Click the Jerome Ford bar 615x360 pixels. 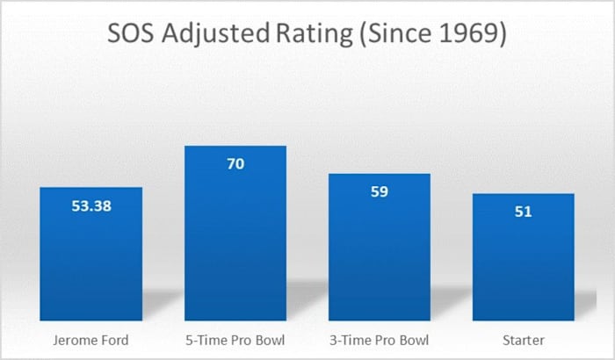90,255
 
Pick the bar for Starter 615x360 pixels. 523,259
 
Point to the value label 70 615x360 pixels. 235,164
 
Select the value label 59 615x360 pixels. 380,192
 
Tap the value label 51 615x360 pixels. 523,212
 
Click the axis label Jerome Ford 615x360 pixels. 90,340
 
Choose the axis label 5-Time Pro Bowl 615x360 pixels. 235,340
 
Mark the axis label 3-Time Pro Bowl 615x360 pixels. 380,340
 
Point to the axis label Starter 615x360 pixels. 523,340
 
